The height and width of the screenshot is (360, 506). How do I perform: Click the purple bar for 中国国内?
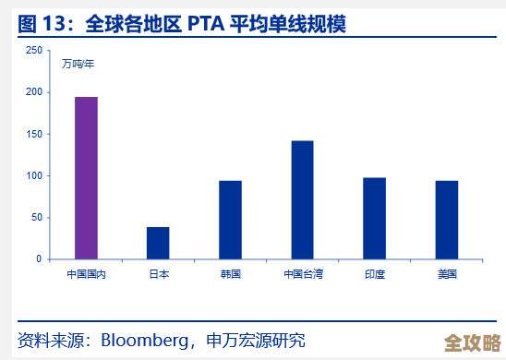coord(86,178)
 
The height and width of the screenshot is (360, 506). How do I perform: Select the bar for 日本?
coord(158,243)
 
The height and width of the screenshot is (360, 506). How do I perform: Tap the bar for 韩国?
coord(230,220)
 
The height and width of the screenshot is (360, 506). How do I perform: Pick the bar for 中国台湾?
coord(302,199)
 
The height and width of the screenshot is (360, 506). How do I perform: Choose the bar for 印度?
coord(374,218)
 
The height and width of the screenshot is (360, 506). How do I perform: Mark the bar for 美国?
coord(446,220)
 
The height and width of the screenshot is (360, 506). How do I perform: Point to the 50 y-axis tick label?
coord(35,218)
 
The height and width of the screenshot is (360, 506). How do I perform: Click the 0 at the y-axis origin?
coord(38,259)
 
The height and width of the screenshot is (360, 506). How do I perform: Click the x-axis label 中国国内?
coord(86,274)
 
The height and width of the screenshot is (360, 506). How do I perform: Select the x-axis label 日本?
coord(158,274)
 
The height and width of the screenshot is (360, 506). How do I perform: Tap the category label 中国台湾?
coord(302,274)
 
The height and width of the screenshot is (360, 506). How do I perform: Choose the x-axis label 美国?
coord(446,274)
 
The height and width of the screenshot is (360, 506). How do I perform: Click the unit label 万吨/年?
coord(78,64)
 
